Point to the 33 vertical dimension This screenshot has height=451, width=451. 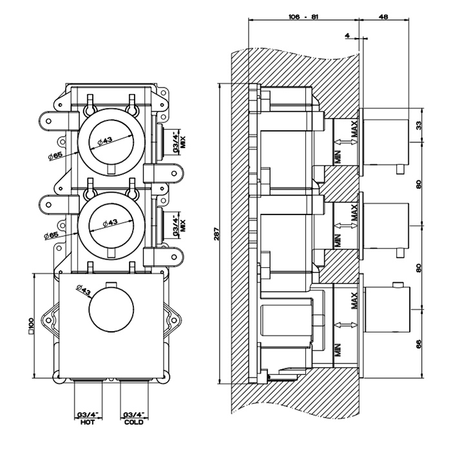pos(419,125)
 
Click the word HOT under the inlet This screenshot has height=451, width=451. pos(88,423)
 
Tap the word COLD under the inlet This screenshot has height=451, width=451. pos(133,423)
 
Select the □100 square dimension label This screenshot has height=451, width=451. pos(30,327)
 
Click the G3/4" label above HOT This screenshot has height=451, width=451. pos(88,415)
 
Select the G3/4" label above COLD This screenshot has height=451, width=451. pos(133,415)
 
